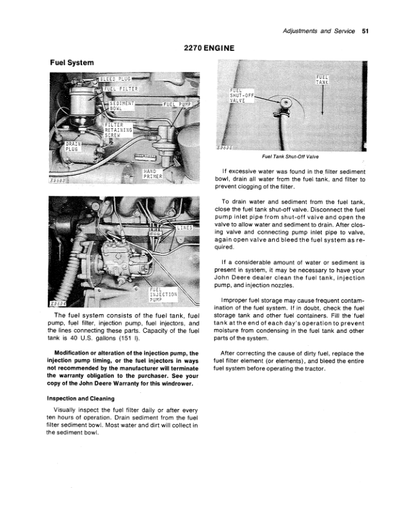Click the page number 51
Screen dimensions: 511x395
(365, 30)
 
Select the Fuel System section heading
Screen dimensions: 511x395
(72, 63)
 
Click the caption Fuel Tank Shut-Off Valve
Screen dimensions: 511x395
(292, 156)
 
